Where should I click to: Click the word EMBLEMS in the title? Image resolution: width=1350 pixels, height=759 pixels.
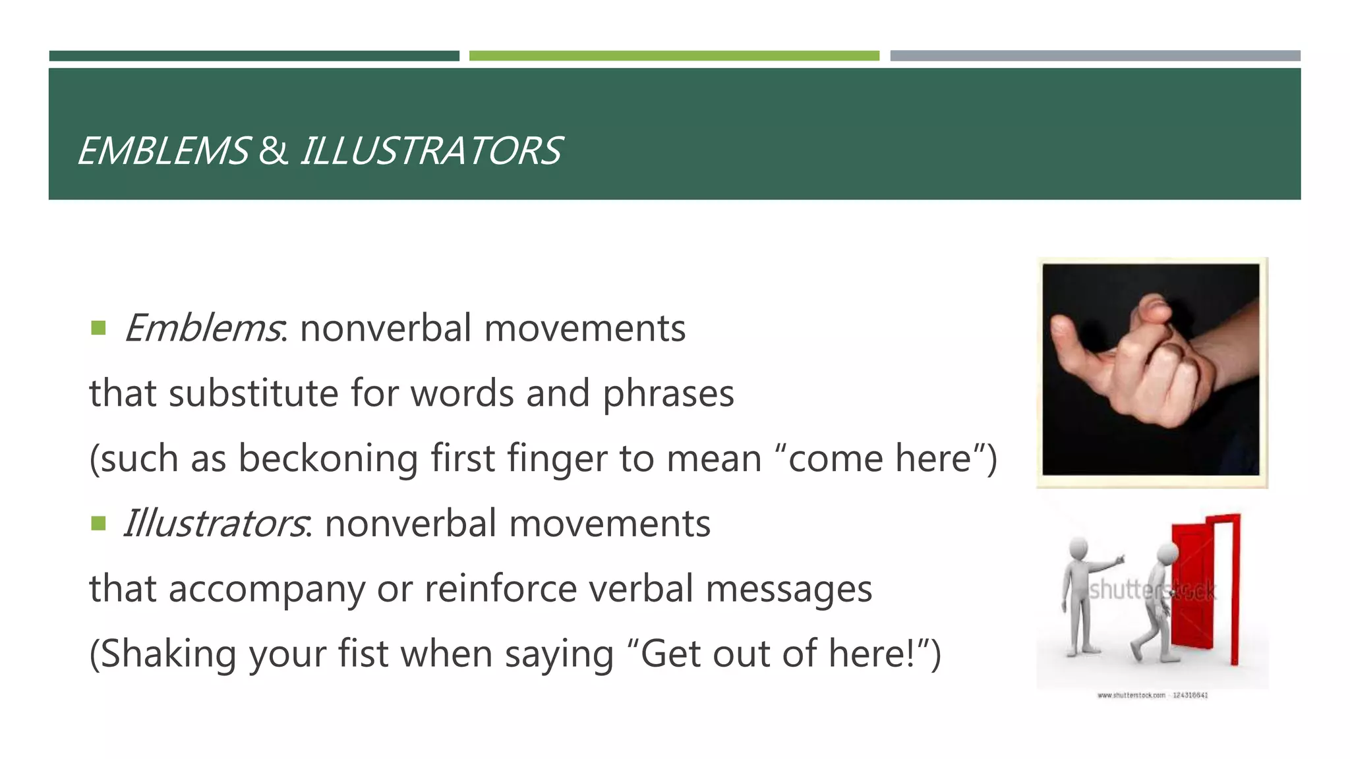[163, 151]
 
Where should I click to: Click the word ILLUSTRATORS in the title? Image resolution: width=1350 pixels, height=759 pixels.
[431, 151]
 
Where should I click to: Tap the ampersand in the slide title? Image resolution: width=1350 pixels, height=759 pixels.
[273, 151]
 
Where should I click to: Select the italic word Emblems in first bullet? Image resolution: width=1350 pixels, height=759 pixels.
[202, 328]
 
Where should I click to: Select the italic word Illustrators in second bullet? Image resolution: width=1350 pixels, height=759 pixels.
[215, 524]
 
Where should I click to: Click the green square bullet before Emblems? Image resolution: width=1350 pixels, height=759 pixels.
[99, 328]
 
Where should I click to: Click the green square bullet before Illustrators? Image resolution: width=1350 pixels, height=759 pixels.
[99, 524]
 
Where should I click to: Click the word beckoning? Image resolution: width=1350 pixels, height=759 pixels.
[328, 459]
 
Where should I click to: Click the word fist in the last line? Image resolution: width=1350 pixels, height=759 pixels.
[363, 654]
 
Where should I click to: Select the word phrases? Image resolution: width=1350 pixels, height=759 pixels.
[668, 393]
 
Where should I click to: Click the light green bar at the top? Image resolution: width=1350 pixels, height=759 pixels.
[674, 56]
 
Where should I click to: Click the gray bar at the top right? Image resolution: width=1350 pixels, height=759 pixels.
[1095, 56]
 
